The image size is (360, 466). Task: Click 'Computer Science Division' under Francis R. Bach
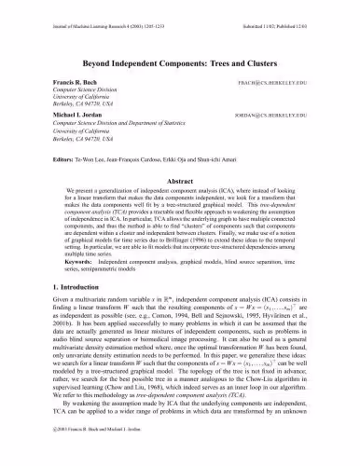[68, 92]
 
